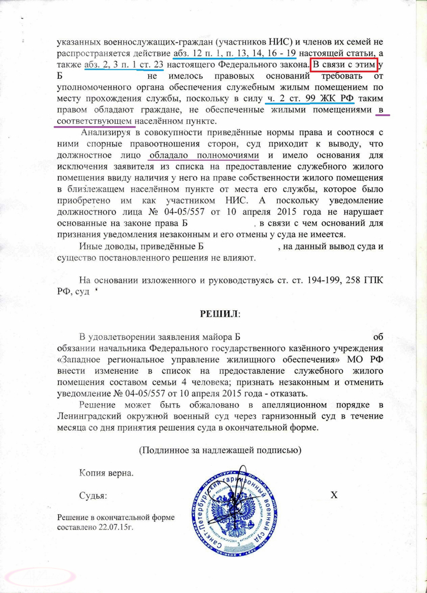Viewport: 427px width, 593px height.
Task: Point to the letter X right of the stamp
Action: (333, 495)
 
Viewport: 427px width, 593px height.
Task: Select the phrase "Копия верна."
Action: (107, 473)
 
